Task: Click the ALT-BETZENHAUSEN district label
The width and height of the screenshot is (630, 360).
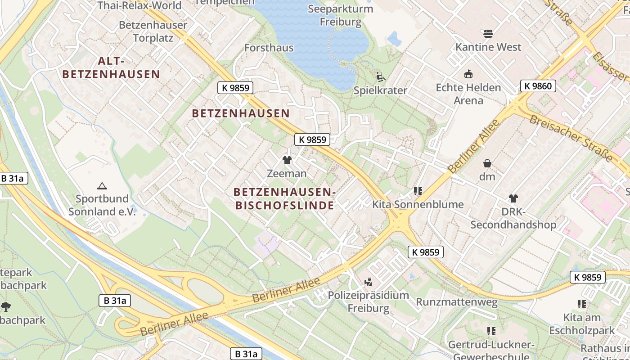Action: (x=111, y=67)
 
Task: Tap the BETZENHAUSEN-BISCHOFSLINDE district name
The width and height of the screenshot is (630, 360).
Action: (x=284, y=199)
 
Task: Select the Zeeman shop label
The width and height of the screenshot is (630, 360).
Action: (x=287, y=173)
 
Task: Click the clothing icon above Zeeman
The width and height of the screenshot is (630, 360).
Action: (x=287, y=160)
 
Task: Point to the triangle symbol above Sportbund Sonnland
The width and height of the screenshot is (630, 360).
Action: (x=102, y=186)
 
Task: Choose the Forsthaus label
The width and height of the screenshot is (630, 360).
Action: (x=269, y=48)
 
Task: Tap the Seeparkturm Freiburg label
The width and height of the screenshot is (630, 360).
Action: (x=341, y=15)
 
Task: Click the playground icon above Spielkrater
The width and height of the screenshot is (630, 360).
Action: (x=380, y=77)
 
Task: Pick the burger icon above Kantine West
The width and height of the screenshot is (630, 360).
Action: (x=488, y=34)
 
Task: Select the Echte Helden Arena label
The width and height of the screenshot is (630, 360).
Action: (x=468, y=94)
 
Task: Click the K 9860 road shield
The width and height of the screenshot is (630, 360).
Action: (x=539, y=86)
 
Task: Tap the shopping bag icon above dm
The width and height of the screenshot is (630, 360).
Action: (x=487, y=163)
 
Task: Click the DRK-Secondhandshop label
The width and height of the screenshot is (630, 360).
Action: (x=513, y=218)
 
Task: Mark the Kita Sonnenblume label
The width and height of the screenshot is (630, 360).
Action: (x=418, y=204)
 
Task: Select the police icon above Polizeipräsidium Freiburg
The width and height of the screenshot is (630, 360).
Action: (x=369, y=282)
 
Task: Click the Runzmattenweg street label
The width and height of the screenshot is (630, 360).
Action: (x=456, y=302)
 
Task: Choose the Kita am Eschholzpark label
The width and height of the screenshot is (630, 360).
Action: (x=582, y=324)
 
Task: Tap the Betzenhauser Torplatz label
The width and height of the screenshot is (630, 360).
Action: (x=153, y=31)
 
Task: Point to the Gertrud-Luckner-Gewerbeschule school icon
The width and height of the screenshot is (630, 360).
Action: (x=491, y=331)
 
